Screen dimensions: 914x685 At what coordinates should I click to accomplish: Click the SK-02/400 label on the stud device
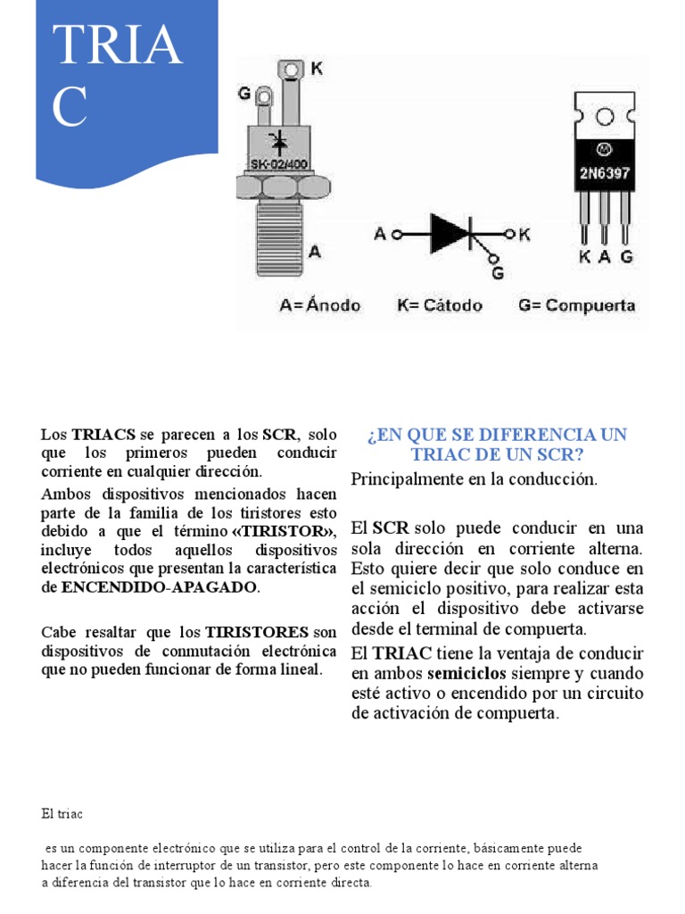[279, 163]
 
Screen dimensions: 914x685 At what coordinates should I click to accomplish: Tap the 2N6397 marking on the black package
[606, 173]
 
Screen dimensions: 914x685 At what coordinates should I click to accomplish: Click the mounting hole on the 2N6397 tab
[605, 118]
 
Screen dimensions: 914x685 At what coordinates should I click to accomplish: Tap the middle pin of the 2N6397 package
[606, 219]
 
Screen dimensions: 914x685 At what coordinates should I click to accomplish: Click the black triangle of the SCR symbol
[449, 235]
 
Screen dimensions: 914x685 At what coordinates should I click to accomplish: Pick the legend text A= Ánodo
[320, 305]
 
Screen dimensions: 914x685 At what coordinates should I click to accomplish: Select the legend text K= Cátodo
[440, 305]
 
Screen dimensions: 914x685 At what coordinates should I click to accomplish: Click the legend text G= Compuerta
[577, 305]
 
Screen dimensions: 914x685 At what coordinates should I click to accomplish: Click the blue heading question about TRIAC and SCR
[497, 445]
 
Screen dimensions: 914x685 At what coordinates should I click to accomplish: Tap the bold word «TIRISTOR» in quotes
[284, 532]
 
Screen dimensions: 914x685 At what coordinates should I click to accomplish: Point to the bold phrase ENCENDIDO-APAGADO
[159, 587]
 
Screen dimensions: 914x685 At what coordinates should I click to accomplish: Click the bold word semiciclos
[466, 672]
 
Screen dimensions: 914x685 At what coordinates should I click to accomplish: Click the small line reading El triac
[62, 814]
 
